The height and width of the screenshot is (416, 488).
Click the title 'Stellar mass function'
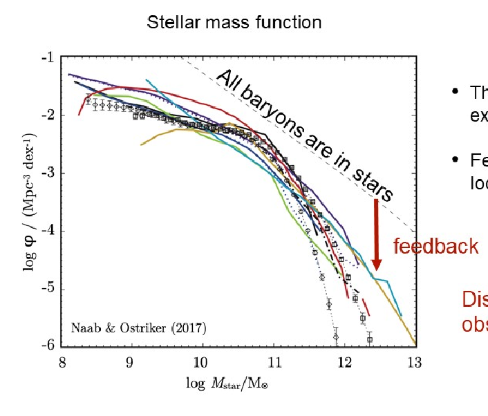coord(234,22)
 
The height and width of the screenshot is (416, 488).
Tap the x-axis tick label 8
coord(64,361)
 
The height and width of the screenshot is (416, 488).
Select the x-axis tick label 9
coord(130,361)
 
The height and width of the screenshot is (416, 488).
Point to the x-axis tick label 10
coord(200,361)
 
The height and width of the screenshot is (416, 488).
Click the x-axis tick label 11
coord(274,361)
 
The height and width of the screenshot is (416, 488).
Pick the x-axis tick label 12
coord(344,361)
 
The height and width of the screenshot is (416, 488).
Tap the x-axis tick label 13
coord(413,361)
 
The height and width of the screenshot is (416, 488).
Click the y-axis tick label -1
coord(46,57)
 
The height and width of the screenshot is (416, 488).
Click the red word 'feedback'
coord(435,247)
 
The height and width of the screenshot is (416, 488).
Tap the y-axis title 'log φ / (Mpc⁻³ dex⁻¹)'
coord(30,200)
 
